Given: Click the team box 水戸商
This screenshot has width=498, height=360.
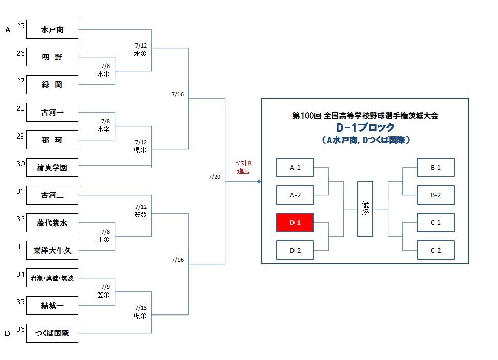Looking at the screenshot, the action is click(x=52, y=30).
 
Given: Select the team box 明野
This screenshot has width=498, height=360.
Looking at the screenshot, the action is click(x=52, y=57).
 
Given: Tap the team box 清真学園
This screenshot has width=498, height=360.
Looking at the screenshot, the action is click(x=52, y=167).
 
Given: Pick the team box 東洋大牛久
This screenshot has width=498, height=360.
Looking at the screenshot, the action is click(x=52, y=251).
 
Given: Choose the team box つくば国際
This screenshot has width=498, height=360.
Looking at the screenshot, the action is click(x=52, y=333).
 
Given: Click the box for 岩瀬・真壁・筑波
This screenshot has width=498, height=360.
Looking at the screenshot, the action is click(x=52, y=278).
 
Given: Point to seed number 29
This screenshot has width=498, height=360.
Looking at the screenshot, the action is click(x=20, y=136).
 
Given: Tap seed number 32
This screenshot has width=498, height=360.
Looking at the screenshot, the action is click(x=20, y=219).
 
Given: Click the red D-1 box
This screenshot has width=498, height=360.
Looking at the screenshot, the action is click(x=295, y=223).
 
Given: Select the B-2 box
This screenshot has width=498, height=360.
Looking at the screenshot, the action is click(x=436, y=195).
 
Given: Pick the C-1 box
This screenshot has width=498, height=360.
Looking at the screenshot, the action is click(x=436, y=223).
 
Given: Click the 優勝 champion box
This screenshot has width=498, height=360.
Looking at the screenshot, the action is click(x=365, y=209).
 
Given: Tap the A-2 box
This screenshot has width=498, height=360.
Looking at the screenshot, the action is click(x=295, y=195).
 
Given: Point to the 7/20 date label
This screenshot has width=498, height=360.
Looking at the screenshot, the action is click(x=214, y=177).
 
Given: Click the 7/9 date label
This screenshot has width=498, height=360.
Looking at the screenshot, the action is click(x=105, y=286).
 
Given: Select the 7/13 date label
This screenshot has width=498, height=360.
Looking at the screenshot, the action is click(x=141, y=308).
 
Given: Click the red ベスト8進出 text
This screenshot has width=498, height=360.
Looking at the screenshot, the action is click(x=243, y=167).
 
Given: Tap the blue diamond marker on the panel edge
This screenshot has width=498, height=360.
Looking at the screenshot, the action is click(x=259, y=182).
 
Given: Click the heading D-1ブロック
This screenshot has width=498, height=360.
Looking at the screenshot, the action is click(x=365, y=128).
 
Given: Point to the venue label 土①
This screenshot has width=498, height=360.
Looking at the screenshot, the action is click(x=104, y=240).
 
